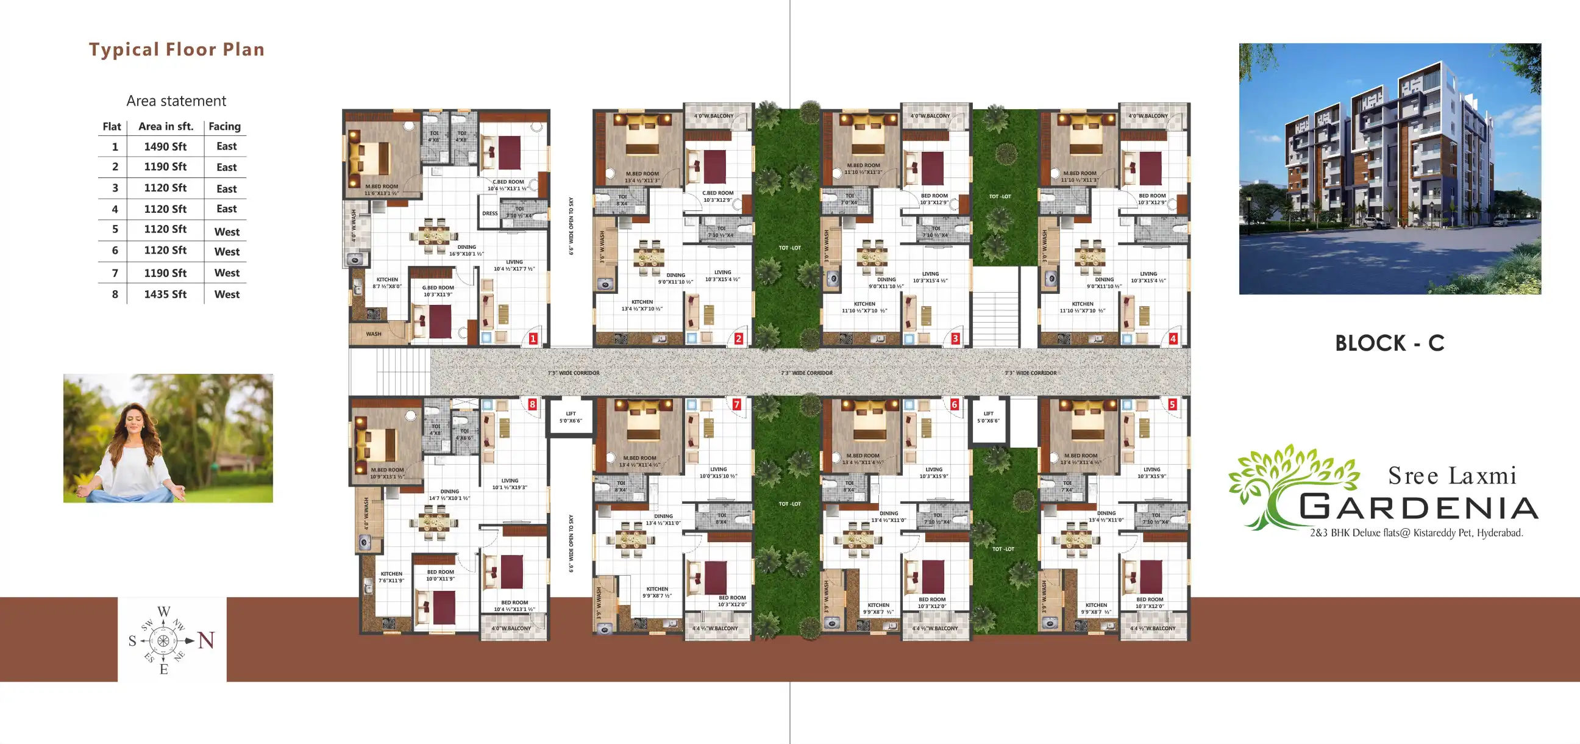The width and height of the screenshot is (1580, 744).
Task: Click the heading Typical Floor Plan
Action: tap(177, 49)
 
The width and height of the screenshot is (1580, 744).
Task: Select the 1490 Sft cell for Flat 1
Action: tap(165, 147)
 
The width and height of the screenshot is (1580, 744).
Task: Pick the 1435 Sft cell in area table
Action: tap(165, 295)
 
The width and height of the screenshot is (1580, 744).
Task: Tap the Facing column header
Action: tap(224, 126)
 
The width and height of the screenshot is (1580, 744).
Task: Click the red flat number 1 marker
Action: tap(533, 338)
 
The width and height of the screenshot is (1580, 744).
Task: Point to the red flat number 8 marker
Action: tap(532, 404)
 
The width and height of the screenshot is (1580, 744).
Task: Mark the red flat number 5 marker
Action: tap(1172, 404)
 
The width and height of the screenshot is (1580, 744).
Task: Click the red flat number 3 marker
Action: tap(955, 338)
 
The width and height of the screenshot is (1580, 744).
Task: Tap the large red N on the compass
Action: tap(206, 641)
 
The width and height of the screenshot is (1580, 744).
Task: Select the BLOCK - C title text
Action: tap(1389, 343)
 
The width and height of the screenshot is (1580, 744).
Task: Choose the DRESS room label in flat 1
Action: tap(490, 213)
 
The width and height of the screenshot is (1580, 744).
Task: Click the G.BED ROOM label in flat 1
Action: tap(438, 288)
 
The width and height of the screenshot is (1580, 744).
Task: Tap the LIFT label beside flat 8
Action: tap(571, 413)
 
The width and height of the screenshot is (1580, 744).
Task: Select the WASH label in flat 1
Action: tap(374, 334)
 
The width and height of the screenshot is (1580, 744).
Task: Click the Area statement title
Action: tap(176, 101)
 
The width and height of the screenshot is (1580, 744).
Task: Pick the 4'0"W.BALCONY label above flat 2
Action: tap(714, 116)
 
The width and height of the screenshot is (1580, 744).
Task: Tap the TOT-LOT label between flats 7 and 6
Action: tap(789, 504)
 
